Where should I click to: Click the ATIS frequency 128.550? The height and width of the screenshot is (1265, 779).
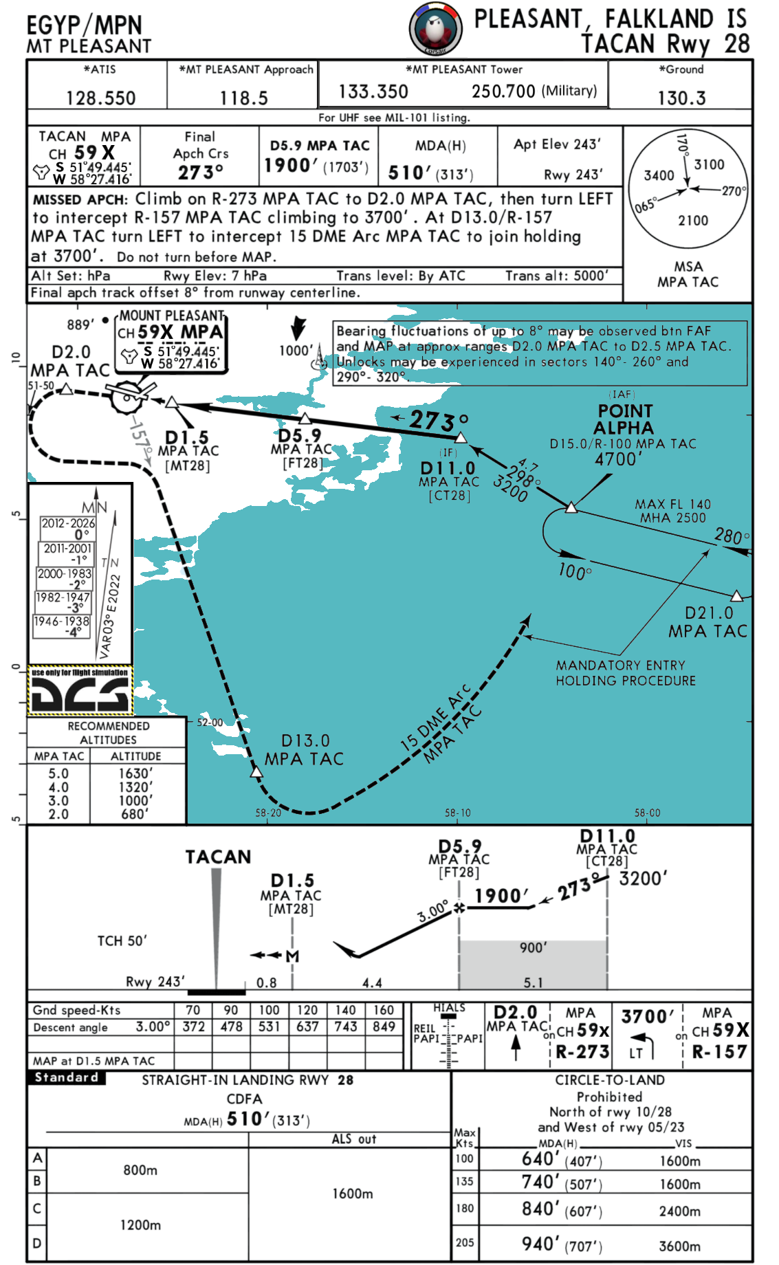coord(100,98)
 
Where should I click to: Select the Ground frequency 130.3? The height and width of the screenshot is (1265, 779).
coord(681,98)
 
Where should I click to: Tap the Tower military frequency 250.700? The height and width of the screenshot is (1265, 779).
coord(503,91)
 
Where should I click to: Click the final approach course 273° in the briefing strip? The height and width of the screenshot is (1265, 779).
coord(201,172)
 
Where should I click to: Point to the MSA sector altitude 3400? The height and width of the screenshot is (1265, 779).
coord(659,175)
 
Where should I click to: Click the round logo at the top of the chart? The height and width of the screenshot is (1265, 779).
coord(436,28)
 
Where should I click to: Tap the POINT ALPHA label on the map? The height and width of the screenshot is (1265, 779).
coord(625,419)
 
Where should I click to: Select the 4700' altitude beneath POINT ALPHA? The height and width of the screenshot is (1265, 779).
coord(618,459)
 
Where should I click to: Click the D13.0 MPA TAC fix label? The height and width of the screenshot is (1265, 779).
coord(304,750)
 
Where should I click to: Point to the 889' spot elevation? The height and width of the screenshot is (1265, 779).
coord(80,324)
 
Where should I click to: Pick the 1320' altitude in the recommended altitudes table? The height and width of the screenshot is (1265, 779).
coord(135,787)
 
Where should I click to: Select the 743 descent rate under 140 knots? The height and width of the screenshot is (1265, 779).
coord(346,1026)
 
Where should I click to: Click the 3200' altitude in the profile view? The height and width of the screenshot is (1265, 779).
coord(643,879)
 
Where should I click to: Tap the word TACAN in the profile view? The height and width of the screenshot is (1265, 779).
coord(218,857)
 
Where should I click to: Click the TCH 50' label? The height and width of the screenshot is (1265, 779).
coord(122,940)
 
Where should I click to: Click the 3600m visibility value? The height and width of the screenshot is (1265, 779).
coord(679,1246)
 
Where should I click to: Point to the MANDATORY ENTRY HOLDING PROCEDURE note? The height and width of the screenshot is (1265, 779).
coord(626,673)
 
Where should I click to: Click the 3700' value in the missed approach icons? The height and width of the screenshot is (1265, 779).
coord(647,1017)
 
